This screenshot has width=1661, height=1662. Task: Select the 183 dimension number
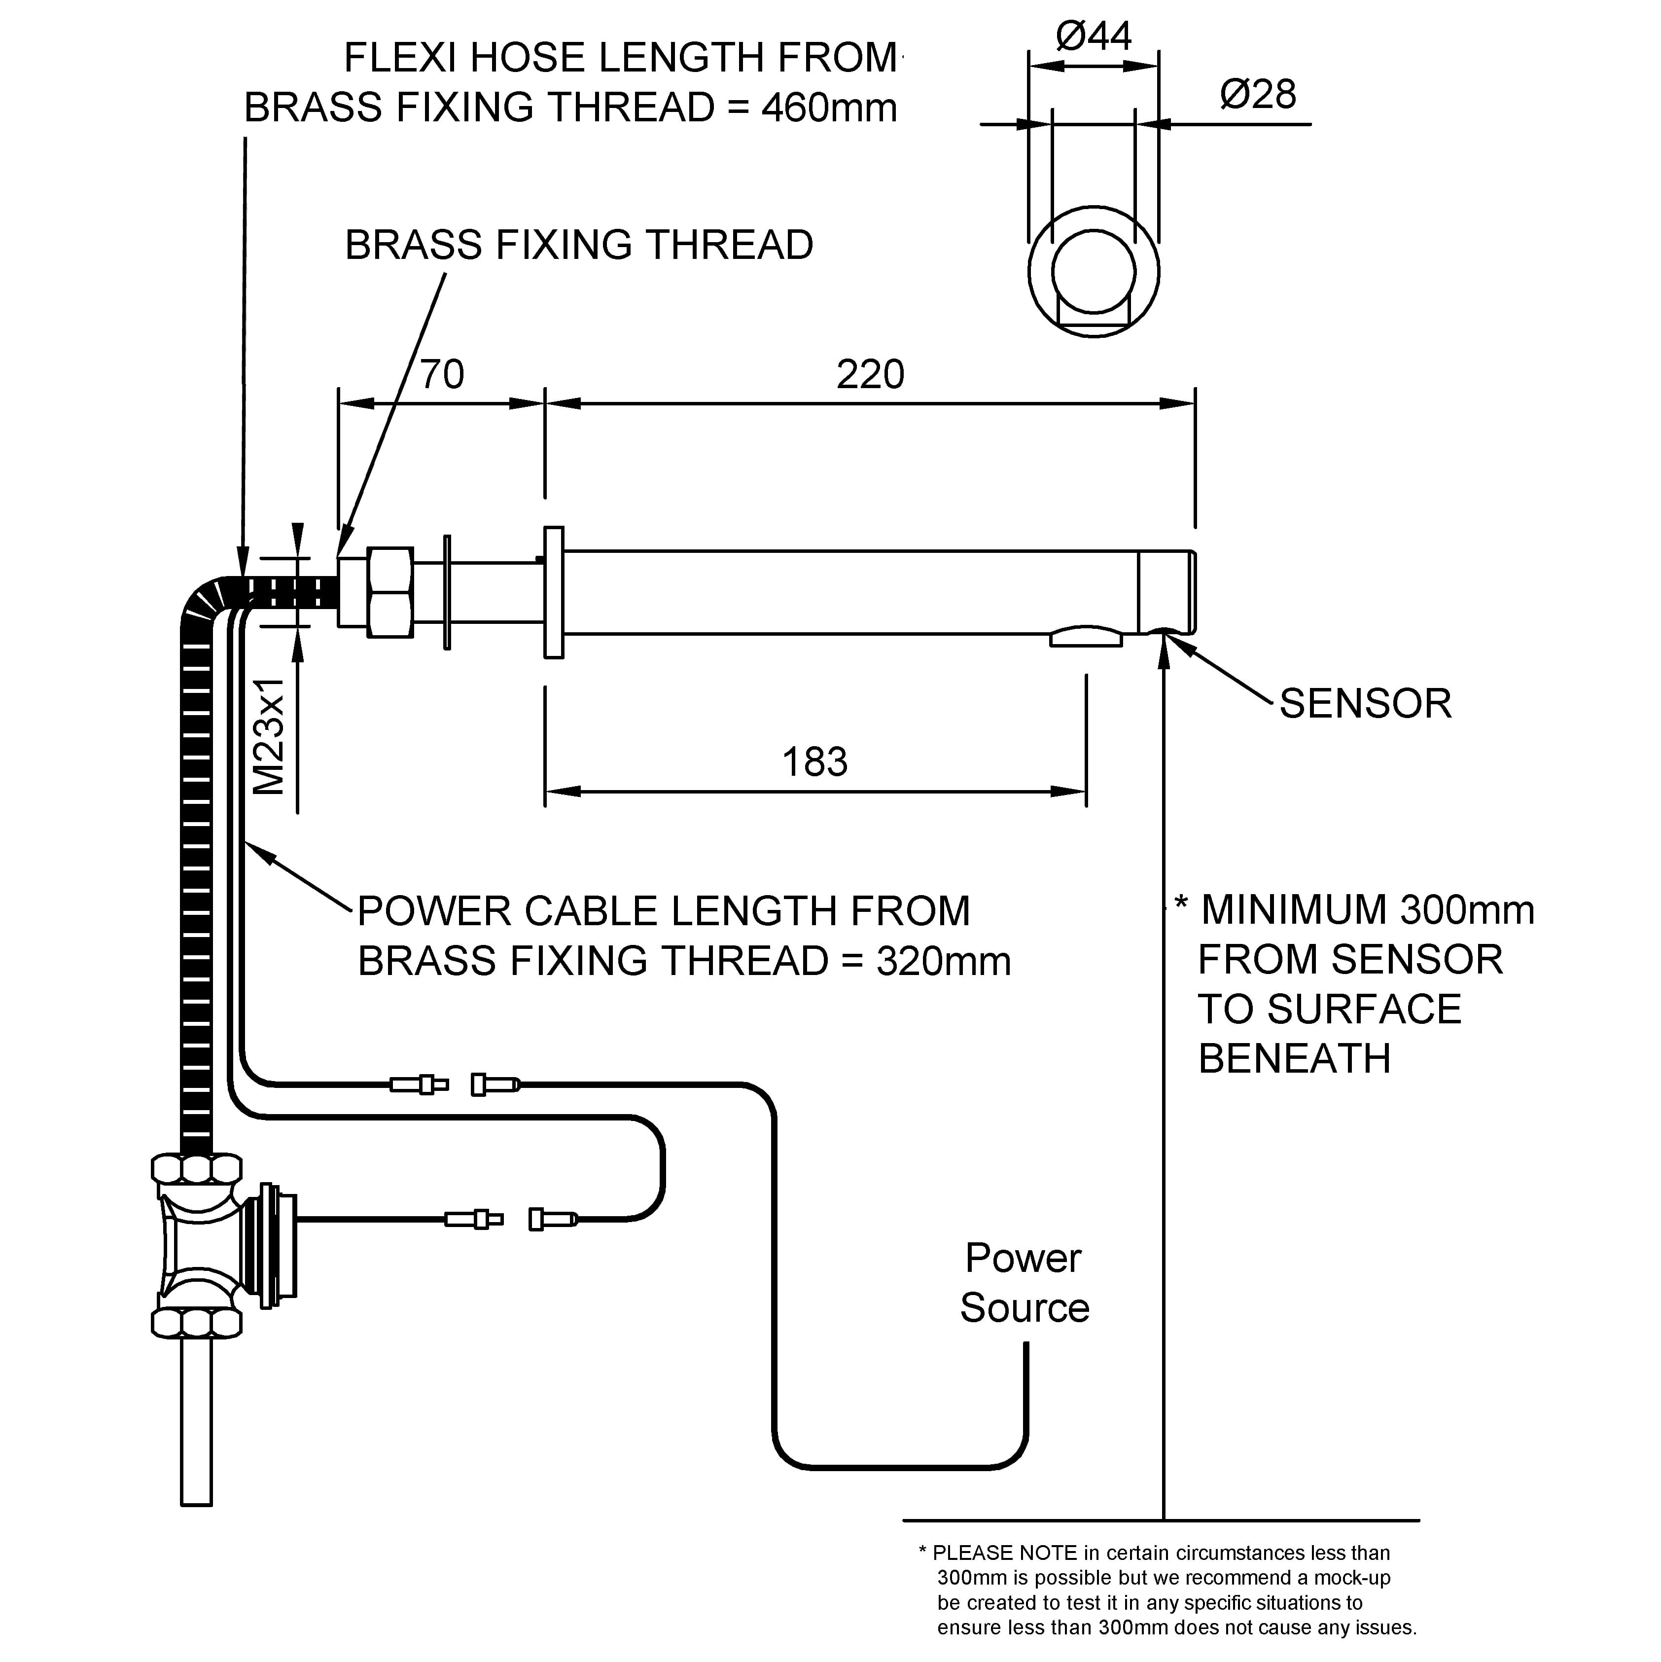pyautogui.click(x=814, y=762)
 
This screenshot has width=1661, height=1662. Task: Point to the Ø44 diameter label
pyautogui.click(x=1094, y=36)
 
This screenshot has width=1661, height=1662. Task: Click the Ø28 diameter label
pyautogui.click(x=1258, y=94)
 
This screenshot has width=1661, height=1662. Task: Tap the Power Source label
pyautogui.click(x=1024, y=1284)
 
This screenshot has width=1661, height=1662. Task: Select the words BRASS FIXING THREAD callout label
pyautogui.click(x=579, y=245)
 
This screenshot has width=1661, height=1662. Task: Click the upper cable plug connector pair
pyautogui.click(x=454, y=1085)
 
